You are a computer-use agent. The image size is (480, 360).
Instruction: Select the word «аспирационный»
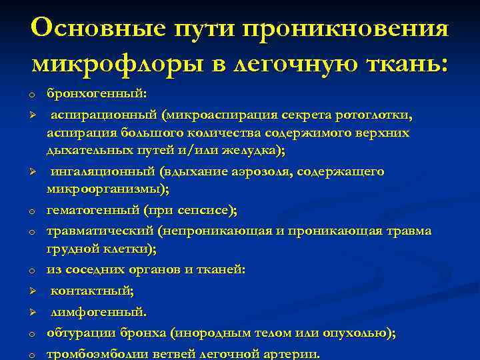pyautogui.click(x=104, y=115)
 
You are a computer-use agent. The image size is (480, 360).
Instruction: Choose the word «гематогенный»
pyautogui.click(x=93, y=211)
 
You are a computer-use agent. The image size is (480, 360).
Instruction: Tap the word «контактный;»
pyautogui.click(x=93, y=291)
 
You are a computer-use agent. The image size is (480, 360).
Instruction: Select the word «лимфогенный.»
pyautogui.click(x=99, y=311)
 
